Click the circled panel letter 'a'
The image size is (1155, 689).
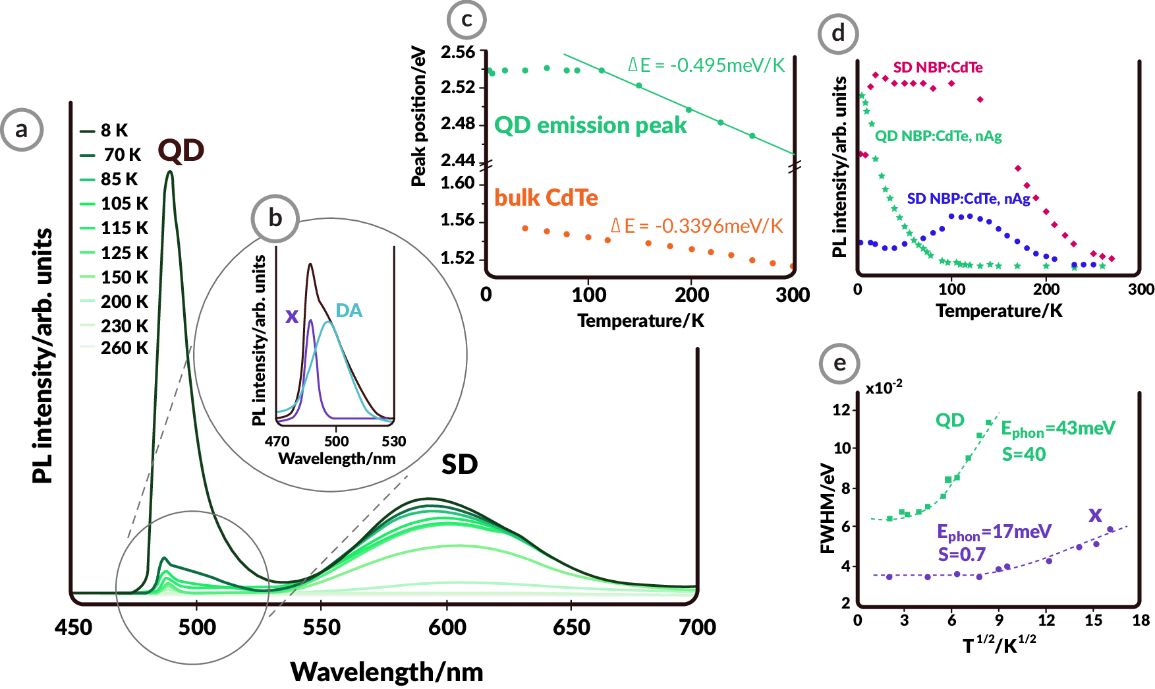click(x=22, y=129)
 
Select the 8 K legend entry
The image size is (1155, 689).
click(x=113, y=131)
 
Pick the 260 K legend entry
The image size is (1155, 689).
click(x=124, y=348)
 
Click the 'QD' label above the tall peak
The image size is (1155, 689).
click(x=181, y=151)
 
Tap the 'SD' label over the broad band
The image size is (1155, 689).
click(x=459, y=465)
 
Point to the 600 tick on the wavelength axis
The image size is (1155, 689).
click(x=447, y=627)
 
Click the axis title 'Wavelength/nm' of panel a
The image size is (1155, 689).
click(x=387, y=672)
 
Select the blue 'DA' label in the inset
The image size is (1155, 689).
click(x=349, y=311)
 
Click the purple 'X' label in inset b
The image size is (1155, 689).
click(x=292, y=316)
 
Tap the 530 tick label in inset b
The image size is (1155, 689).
click(x=393, y=441)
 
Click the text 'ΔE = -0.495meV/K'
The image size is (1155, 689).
click(x=706, y=65)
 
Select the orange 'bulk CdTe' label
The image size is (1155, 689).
click(x=546, y=198)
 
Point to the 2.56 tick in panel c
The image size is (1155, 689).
click(x=458, y=52)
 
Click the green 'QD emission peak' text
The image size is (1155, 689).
click(x=590, y=125)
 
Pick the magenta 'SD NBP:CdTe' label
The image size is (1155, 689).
click(x=938, y=68)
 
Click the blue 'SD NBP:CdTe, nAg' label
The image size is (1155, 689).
click(x=968, y=198)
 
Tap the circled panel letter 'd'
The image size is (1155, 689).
click(x=838, y=33)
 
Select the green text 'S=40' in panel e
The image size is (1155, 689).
click(x=1024, y=454)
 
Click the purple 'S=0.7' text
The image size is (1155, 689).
click(x=961, y=554)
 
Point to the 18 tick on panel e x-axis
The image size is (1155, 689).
click(x=1141, y=620)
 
